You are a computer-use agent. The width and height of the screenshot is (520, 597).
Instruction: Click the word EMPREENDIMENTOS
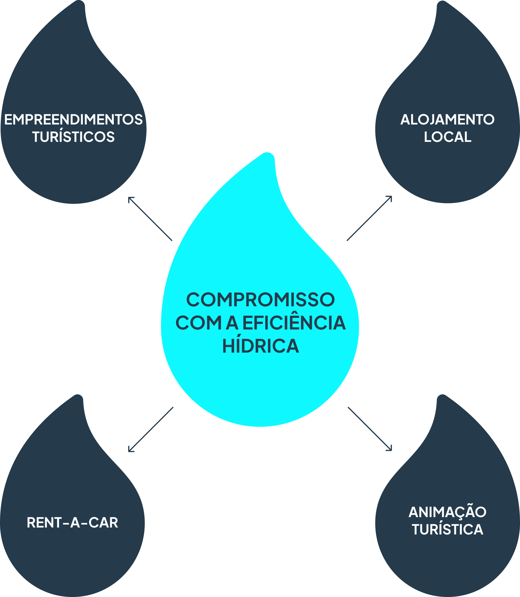point(74,120)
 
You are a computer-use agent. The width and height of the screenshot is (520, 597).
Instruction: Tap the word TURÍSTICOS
point(74,137)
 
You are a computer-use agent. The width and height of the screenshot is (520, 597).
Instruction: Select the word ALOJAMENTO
point(447,120)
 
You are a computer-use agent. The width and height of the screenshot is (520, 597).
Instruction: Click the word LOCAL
point(447,137)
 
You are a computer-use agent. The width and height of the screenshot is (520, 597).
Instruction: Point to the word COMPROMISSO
point(260,300)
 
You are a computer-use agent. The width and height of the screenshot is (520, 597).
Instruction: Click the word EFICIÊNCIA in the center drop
point(294,323)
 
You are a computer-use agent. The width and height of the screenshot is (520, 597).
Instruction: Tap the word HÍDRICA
point(260,346)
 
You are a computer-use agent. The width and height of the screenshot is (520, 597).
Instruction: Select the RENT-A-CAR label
point(72,523)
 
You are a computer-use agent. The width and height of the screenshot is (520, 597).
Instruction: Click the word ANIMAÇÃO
point(447,512)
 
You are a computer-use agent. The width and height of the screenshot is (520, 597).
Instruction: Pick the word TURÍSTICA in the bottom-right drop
point(447,530)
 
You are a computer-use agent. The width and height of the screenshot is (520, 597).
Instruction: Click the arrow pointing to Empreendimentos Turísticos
point(150,219)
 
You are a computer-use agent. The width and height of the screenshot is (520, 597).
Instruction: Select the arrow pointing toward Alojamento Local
point(369,218)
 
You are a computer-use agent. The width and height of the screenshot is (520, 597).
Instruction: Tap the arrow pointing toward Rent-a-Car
point(151,430)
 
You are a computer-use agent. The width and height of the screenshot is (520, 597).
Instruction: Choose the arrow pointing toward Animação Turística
point(370,429)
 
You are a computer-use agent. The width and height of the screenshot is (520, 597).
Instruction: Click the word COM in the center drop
point(198,323)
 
